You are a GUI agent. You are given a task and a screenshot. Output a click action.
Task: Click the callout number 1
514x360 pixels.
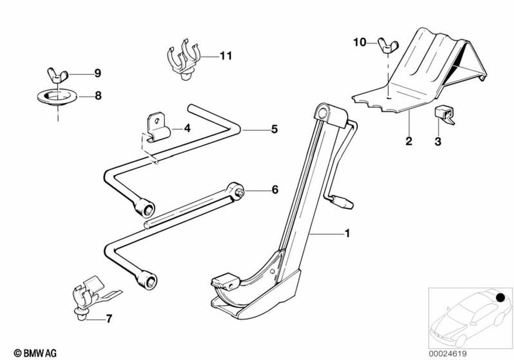tap(347, 233)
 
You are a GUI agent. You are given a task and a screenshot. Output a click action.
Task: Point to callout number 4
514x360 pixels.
tap(187, 128)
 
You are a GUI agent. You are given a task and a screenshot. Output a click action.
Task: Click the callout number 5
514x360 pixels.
tap(274, 129)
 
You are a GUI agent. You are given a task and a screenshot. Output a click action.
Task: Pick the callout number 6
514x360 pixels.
tap(274, 190)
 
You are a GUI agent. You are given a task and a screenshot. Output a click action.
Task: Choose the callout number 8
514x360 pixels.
tap(97, 95)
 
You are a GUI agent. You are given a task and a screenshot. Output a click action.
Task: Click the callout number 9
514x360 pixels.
tap(97, 73)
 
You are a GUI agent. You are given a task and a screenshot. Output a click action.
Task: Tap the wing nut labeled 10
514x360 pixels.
tap(385, 45)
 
